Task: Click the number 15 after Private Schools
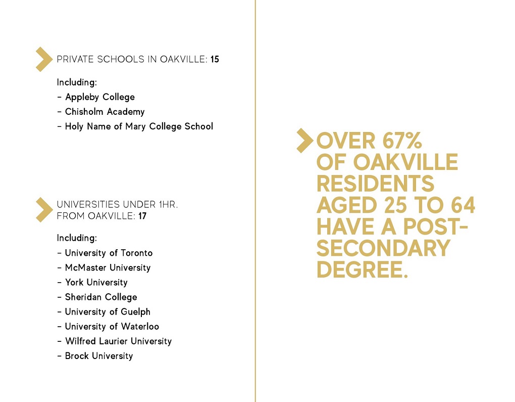[x=215, y=60]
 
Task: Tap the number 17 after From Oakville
[x=142, y=216]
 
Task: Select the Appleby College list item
[x=99, y=97]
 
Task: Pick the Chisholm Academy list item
[x=105, y=112]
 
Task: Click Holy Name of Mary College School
[x=139, y=126]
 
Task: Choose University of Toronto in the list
[x=109, y=253]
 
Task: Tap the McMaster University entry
[x=108, y=267]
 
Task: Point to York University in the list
[x=96, y=282]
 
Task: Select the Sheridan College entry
[x=101, y=297]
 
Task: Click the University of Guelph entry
[x=108, y=311]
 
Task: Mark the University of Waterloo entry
[x=112, y=326]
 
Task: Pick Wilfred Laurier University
[x=118, y=341]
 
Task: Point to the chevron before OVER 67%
[x=304, y=141]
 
